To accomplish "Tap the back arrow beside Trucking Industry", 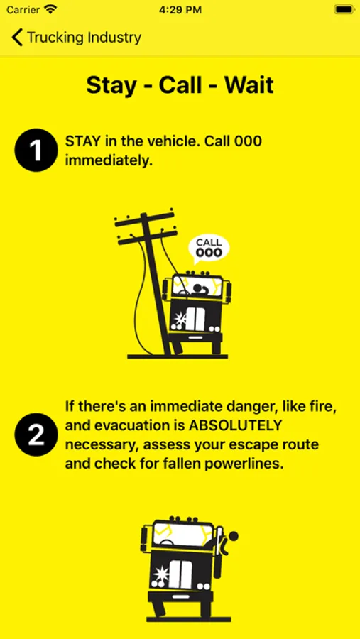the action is [17, 37].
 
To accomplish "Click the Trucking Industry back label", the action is [84, 38].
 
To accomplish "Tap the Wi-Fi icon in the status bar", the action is [51, 9].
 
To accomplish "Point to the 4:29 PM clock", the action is [180, 10].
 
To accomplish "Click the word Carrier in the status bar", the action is [23, 10].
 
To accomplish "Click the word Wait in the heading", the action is [249, 85].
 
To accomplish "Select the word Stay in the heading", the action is [111, 86].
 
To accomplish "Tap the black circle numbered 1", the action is [36, 150].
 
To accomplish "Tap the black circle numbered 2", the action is [36, 435].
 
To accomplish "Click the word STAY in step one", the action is [83, 141].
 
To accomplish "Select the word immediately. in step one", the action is [109, 160].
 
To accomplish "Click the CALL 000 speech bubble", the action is [208, 248].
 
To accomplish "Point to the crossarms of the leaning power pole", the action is [146, 228].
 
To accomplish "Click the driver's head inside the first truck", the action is [199, 288].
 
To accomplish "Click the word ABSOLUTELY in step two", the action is [235, 425].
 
